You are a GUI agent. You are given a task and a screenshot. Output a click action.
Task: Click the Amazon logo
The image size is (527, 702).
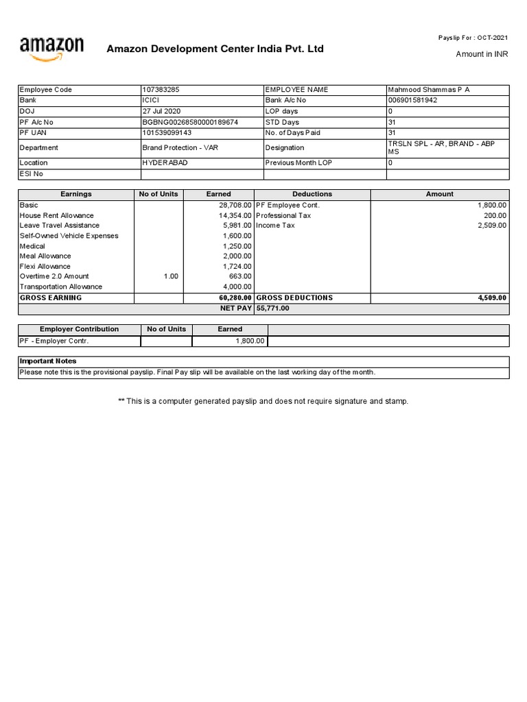coord(51,49)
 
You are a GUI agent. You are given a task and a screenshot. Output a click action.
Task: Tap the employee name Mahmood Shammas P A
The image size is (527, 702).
coord(428,90)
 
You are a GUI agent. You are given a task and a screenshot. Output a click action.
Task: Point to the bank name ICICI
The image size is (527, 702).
coord(151,100)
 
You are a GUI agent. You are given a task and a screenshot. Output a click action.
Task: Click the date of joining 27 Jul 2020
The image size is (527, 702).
coord(161,111)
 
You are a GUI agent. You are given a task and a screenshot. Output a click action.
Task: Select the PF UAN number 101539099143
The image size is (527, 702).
coord(167,132)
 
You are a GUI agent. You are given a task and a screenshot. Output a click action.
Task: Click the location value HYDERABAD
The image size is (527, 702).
coord(165,163)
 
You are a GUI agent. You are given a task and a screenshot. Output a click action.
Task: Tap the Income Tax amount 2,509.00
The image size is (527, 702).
coord(491,226)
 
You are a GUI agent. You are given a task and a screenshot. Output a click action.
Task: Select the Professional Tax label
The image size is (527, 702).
coord(283,215)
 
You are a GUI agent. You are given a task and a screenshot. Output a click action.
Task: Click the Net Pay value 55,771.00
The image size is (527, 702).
coord(273,308)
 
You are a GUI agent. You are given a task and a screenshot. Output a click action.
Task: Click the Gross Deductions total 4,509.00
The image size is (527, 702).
coord(491,298)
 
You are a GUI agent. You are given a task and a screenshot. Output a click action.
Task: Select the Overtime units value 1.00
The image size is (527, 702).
coord(170,276)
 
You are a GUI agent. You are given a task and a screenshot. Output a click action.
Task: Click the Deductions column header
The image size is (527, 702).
coord(312,194)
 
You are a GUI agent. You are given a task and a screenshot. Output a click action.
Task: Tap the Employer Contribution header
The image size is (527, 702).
coord(79,329)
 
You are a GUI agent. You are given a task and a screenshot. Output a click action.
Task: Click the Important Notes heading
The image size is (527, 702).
coord(48,361)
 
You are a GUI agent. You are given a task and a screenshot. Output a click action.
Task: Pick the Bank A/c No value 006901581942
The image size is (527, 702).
coord(412,100)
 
